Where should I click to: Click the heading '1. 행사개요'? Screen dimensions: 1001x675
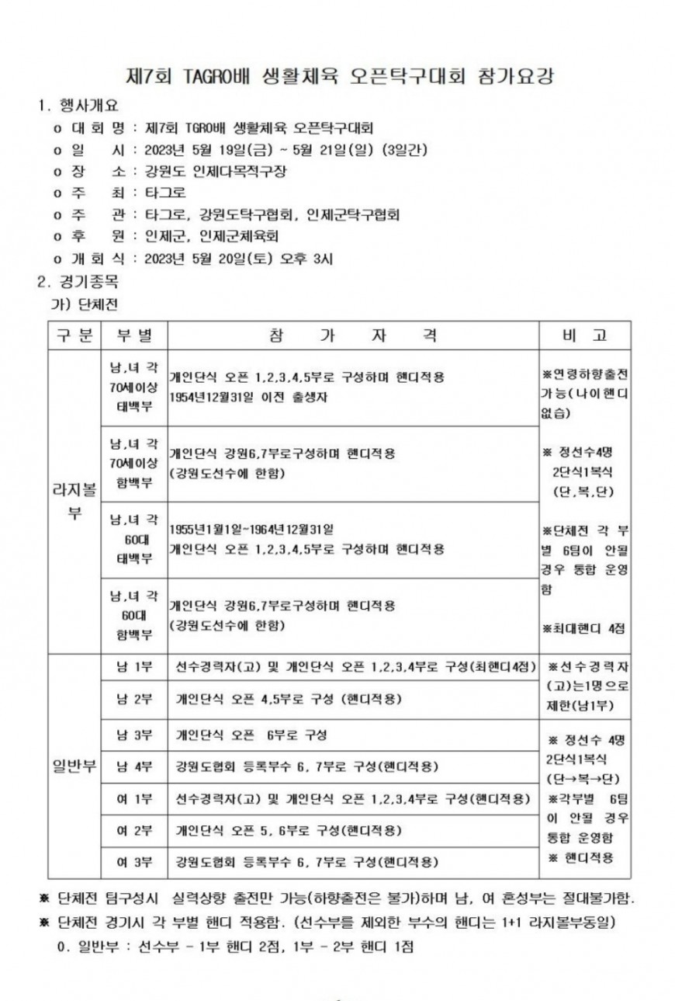click(79, 106)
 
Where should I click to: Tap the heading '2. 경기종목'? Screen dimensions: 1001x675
click(79, 280)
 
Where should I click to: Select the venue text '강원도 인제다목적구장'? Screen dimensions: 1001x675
click(209, 171)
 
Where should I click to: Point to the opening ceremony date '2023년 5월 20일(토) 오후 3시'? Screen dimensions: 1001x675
click(234, 259)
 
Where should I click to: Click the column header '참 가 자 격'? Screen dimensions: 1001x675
click(353, 335)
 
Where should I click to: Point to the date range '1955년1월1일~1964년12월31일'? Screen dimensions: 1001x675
click(251, 530)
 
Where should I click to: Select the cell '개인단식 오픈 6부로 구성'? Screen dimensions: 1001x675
click(251, 735)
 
